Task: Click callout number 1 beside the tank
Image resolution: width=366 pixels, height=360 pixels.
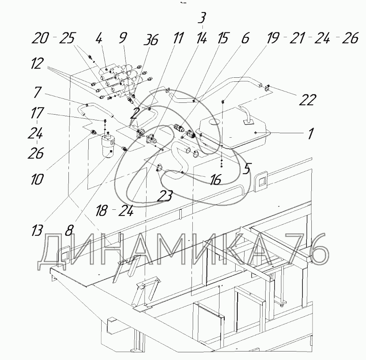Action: (309, 134)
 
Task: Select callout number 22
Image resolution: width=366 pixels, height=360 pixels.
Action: (308, 100)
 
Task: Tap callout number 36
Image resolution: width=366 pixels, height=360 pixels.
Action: (151, 39)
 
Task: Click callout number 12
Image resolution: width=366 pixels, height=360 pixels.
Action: (37, 63)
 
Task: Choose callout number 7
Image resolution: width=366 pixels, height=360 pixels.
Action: (37, 92)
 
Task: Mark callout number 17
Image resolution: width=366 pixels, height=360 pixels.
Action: (37, 113)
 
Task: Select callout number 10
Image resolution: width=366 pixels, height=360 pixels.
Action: (37, 179)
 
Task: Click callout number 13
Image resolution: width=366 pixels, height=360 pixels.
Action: (37, 230)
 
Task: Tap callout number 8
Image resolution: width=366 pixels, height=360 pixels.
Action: (69, 230)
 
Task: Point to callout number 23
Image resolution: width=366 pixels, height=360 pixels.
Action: (165, 196)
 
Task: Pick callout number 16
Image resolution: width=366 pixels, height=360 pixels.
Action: (215, 179)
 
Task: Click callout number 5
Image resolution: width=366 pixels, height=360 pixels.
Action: (247, 168)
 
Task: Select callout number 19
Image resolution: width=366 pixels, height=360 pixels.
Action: (272, 38)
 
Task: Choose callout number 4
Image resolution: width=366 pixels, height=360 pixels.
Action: (99, 38)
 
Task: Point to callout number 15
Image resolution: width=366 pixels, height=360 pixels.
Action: (223, 38)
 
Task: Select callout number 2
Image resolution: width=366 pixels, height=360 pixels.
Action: (134, 113)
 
